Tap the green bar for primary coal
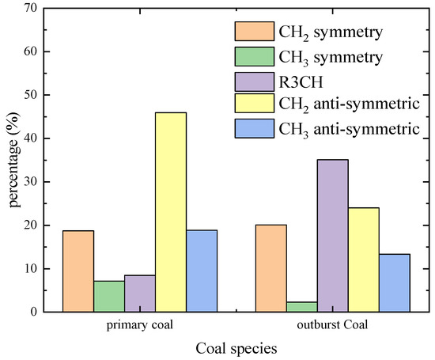coord(109,296)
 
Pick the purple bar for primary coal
coord(140,294)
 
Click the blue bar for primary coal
coord(202,271)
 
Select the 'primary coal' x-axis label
coord(140,324)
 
